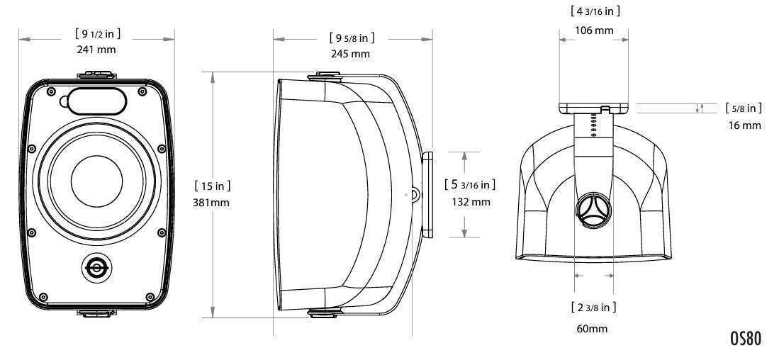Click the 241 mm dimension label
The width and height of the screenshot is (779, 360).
96,50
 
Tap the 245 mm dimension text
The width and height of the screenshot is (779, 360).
351,54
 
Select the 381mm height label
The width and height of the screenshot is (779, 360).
211,203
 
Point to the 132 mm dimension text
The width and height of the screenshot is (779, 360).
471,201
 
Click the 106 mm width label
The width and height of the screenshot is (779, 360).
594,30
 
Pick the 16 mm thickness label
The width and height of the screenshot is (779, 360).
745,125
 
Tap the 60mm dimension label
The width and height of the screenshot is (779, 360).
592,329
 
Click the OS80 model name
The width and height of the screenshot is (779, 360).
745,338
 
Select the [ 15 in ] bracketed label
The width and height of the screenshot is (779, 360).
213,186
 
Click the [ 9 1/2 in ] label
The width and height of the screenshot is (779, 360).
98,34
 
